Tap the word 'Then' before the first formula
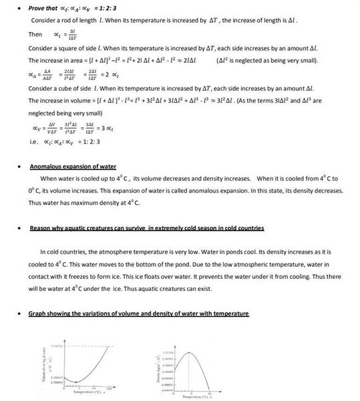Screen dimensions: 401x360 [35, 34]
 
